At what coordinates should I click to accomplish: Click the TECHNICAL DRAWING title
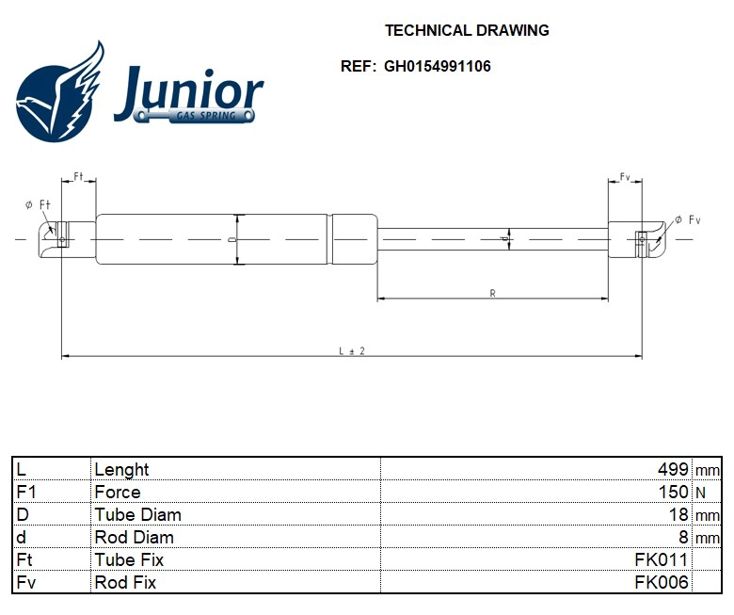(x=467, y=30)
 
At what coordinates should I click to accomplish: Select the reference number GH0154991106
(x=437, y=67)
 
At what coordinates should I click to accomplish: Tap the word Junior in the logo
(x=188, y=91)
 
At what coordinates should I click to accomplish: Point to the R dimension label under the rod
(x=492, y=294)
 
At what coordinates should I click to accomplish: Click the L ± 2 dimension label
(x=351, y=350)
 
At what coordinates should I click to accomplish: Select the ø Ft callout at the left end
(x=39, y=204)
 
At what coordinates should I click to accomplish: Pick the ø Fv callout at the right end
(x=688, y=219)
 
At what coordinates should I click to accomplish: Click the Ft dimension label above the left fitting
(x=78, y=177)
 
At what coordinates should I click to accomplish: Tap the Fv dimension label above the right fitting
(x=625, y=177)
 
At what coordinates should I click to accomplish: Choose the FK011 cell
(x=662, y=559)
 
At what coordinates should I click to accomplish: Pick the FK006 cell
(x=662, y=582)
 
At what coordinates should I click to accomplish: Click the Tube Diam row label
(x=137, y=514)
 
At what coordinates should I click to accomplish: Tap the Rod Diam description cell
(x=134, y=537)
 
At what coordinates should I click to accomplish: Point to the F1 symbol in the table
(x=26, y=492)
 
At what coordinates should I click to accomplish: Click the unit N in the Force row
(x=701, y=493)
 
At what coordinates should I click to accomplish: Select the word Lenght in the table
(x=121, y=469)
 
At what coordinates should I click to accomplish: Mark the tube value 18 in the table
(x=679, y=514)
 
